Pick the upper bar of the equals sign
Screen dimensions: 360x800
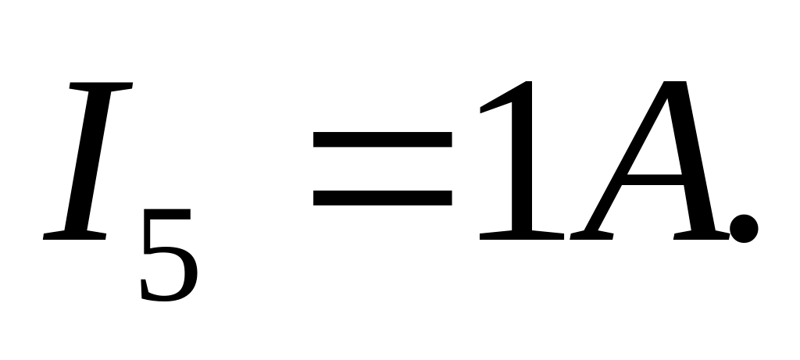(x=382, y=140)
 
